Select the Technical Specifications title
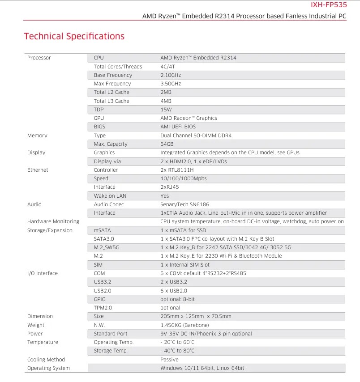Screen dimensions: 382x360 coord(74,36)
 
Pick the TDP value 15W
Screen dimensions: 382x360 coord(166,110)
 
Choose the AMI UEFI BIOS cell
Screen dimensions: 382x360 coord(178,127)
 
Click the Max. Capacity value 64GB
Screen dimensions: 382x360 coord(167,144)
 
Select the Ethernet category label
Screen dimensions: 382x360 coord(38,170)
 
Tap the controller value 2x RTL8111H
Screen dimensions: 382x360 coord(177,170)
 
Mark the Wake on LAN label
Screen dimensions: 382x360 coord(110,196)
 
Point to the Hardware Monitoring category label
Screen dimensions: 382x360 coord(53,221)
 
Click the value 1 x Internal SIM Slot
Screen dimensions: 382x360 coord(185,265)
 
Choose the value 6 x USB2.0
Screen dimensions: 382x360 coord(174,291)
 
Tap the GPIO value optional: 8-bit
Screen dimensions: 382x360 coord(177,299)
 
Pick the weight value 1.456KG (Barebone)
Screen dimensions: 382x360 coord(184,325)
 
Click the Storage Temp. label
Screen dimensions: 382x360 coord(111,351)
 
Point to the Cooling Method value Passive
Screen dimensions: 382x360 coord(169,360)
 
